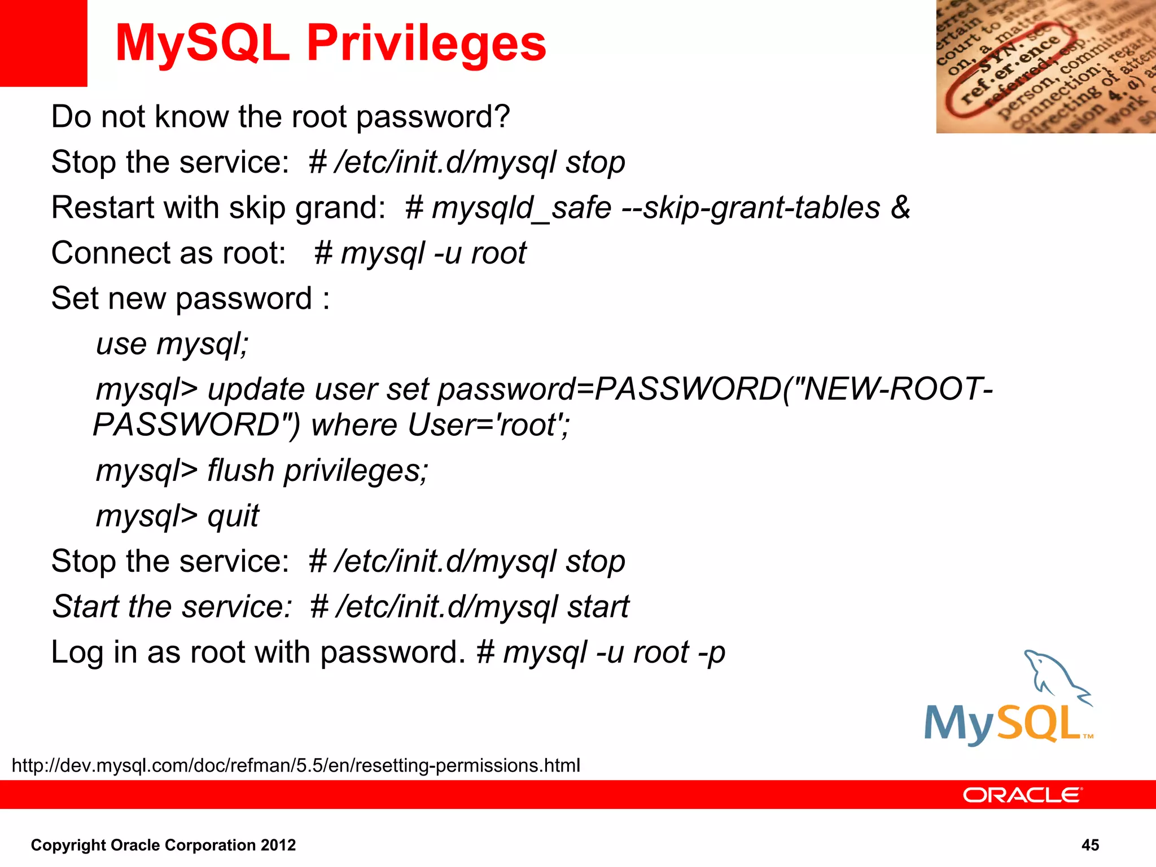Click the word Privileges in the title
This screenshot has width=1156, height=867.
(426, 44)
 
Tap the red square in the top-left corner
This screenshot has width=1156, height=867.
(43, 43)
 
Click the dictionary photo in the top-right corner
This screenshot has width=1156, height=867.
(1045, 67)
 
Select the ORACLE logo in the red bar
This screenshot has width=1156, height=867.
(1022, 795)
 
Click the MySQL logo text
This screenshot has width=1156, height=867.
(1002, 724)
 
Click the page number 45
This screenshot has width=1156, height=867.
(1090, 845)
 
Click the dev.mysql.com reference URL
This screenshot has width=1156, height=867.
(296, 765)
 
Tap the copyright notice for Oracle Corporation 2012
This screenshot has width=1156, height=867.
(163, 845)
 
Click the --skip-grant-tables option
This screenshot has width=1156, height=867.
(751, 208)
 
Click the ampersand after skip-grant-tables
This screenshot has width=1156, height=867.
(900, 207)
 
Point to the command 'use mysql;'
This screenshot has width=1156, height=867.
(172, 344)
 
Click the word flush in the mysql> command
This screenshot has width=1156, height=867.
(240, 470)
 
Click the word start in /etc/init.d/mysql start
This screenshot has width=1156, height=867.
(598, 607)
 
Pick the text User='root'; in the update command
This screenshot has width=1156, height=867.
(488, 425)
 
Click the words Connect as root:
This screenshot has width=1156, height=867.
(168, 253)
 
